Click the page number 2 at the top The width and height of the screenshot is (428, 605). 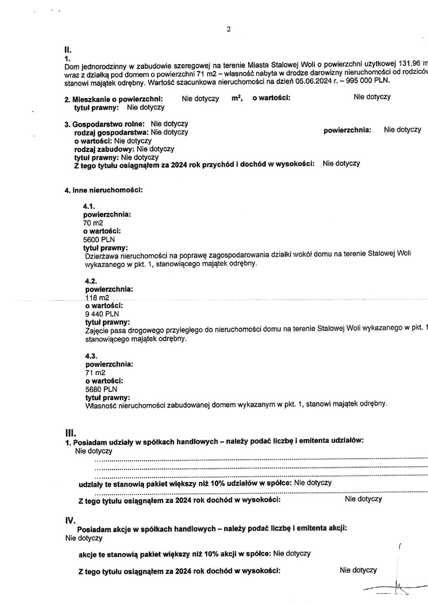pos(229,30)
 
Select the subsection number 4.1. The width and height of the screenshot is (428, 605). pos(89,206)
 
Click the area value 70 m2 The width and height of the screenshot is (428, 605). pos(92,223)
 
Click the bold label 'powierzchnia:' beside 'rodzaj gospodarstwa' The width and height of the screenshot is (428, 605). pos(347,130)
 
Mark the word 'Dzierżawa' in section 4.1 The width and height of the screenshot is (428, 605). pos(102,256)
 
